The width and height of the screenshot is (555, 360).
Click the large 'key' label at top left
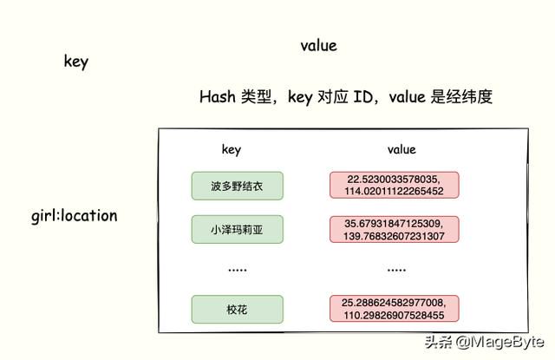[76, 62]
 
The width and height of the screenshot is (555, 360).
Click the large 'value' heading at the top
[318, 46]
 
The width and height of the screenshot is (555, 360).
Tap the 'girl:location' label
[75, 216]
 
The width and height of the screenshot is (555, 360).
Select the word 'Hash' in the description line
[218, 96]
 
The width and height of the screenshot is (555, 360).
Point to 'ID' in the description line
[362, 96]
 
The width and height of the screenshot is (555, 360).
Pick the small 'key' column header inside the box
[232, 150]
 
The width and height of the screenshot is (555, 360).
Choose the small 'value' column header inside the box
[402, 149]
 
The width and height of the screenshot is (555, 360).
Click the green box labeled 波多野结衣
[237, 186]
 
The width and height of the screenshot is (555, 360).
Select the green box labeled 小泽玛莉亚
[237, 229]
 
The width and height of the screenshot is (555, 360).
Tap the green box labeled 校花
[237, 310]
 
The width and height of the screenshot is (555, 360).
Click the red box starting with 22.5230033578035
[395, 185]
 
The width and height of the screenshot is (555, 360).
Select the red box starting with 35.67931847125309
[395, 229]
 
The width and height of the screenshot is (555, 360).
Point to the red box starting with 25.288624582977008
[395, 309]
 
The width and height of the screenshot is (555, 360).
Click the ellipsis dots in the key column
[238, 270]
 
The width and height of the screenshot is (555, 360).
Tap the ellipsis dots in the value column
[396, 270]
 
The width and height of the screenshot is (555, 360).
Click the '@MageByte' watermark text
[499, 342]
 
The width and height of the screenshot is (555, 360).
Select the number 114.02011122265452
[394, 192]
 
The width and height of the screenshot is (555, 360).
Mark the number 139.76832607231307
[394, 236]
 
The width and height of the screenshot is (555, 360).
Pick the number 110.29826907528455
[394, 316]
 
